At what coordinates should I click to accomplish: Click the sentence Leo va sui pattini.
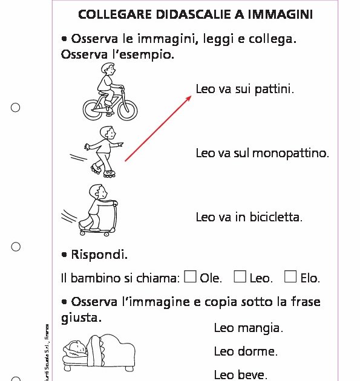pos(244,90)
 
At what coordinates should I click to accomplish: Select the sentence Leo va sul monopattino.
pos(262,153)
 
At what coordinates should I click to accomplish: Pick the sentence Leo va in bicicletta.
pos(249,217)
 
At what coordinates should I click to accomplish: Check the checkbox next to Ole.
pos(190,277)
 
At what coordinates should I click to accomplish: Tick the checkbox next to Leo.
pos(240,277)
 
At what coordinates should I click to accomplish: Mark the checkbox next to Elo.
pos(290,277)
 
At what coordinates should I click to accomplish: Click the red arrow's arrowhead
pos(188,97)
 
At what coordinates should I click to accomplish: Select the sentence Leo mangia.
pos(248,328)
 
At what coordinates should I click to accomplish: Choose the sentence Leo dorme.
pos(246,351)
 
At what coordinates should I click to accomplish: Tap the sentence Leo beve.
pos(240,375)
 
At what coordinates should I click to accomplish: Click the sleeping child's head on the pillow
pos(76,347)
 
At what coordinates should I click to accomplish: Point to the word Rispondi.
pos(99,255)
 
